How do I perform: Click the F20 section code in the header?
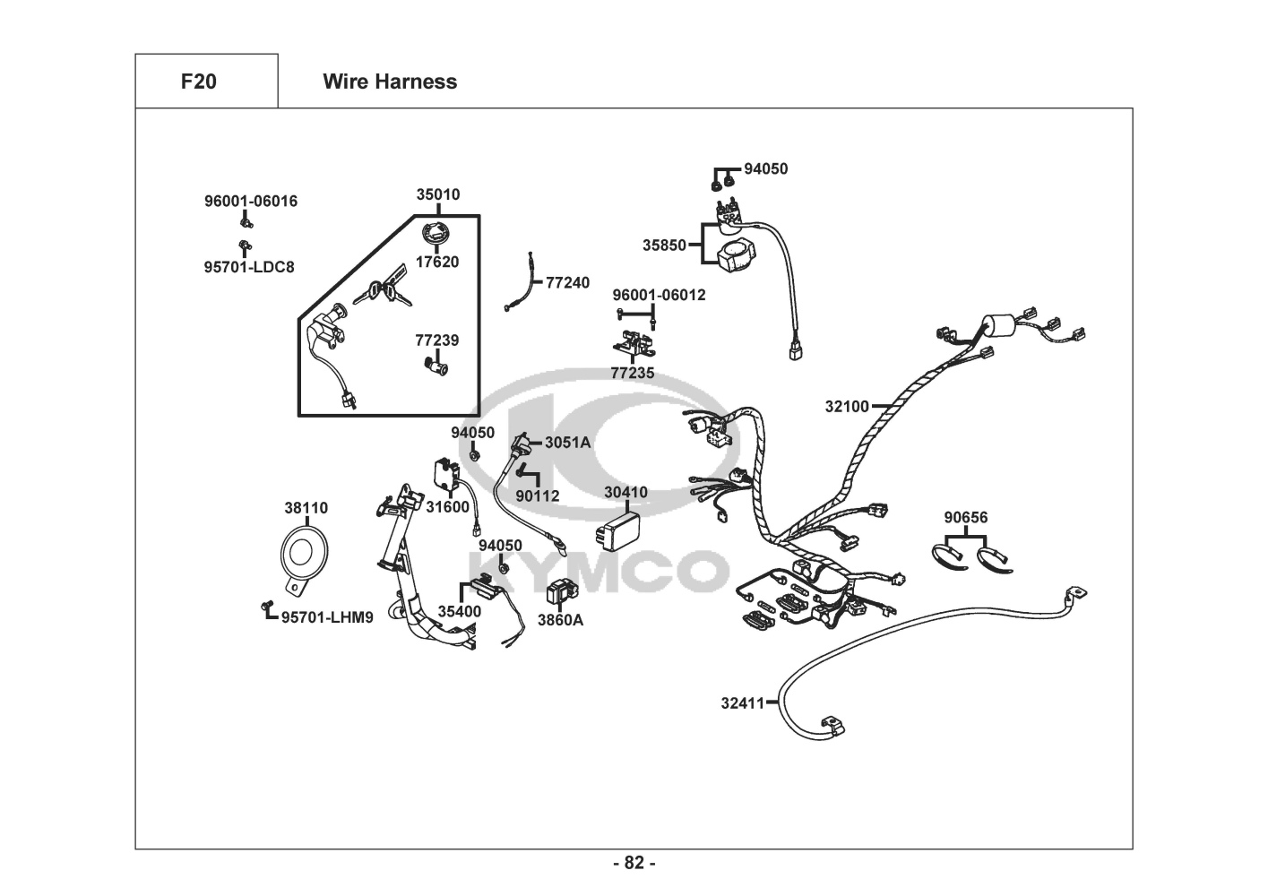click(198, 82)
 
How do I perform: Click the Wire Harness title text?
click(390, 82)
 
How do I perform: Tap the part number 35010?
click(437, 194)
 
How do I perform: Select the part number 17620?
click(436, 263)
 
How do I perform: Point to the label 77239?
click(436, 340)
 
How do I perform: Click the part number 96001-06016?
click(251, 202)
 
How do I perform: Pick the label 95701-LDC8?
click(249, 267)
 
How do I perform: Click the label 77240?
click(567, 283)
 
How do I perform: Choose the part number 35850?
click(664, 246)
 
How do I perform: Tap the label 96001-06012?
click(659, 295)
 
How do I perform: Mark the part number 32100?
click(847, 407)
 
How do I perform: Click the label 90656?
click(965, 518)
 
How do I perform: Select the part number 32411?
click(743, 703)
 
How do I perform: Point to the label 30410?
click(625, 493)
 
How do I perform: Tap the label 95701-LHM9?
click(327, 617)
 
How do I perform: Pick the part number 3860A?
click(560, 620)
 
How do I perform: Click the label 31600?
click(447, 507)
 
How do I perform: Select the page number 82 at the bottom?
click(634, 863)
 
